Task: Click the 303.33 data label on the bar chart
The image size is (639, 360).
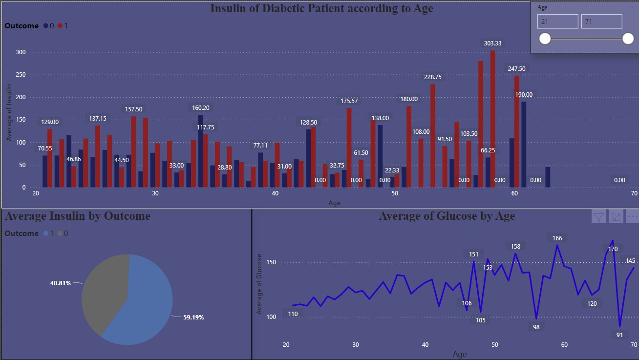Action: [x=492, y=43]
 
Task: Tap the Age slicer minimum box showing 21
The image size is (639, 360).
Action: [x=557, y=21]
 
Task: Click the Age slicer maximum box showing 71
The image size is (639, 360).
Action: [x=601, y=21]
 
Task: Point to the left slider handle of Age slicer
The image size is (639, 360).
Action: [x=545, y=39]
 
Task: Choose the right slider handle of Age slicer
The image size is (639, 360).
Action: [x=628, y=39]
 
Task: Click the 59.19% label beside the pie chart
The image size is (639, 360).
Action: [x=193, y=318]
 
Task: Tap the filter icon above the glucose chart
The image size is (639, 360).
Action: [x=598, y=216]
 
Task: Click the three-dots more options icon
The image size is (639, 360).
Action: [x=633, y=216]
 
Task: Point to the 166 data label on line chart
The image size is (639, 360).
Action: [x=557, y=238]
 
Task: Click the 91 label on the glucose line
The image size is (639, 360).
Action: [x=619, y=335]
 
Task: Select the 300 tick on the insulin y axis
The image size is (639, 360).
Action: [x=21, y=52]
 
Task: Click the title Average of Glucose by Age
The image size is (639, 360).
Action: [x=447, y=216]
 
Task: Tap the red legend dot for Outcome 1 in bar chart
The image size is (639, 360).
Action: [x=60, y=26]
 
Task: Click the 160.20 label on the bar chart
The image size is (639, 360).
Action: [x=200, y=108]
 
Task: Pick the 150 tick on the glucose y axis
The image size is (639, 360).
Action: [x=271, y=263]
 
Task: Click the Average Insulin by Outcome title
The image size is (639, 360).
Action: [x=78, y=216]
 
